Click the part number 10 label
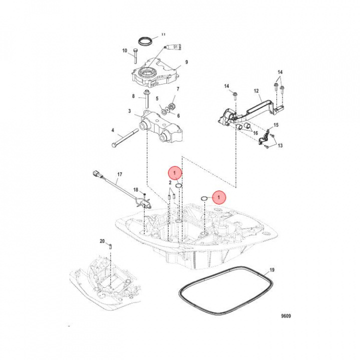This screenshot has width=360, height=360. click(x=125, y=50)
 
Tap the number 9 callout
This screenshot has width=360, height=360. click(x=186, y=62)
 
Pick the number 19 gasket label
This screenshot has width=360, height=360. click(x=272, y=270)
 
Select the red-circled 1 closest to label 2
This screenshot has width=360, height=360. click(x=174, y=173)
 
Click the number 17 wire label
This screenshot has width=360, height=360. click(x=119, y=175)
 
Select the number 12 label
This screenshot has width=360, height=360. click(x=256, y=91)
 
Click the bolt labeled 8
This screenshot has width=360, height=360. click(x=146, y=96)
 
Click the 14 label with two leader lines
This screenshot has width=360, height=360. click(x=280, y=72)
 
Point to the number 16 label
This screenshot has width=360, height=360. click(x=255, y=133)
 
